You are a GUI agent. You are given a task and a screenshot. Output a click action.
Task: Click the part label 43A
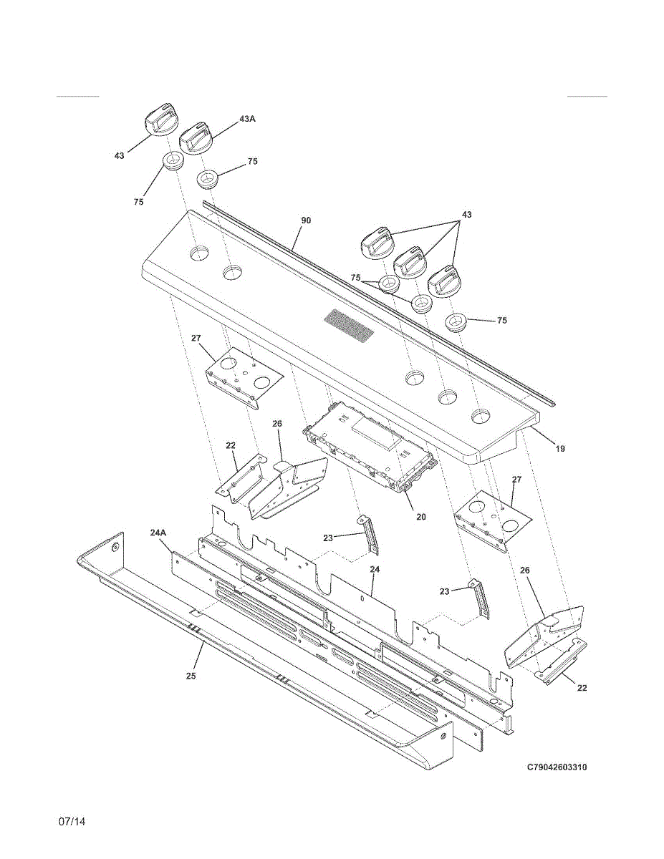pos(247,119)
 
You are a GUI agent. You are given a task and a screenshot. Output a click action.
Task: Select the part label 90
pos(306,220)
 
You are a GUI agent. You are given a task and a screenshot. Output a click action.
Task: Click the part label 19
pos(560,449)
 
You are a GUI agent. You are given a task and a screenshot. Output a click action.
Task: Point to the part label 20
pos(421,515)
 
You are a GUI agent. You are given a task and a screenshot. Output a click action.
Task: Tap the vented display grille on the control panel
pos(349,324)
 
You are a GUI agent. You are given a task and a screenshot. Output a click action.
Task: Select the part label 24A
pos(158,533)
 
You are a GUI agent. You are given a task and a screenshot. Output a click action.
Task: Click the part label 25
pos(191,675)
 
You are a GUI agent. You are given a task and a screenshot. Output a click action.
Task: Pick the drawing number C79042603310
pos(557,767)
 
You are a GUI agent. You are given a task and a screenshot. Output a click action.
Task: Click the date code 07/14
pos(72,821)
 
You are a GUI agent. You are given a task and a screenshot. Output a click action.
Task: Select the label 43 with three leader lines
pos(466,215)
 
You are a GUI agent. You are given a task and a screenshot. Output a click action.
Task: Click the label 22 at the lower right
pos(582,688)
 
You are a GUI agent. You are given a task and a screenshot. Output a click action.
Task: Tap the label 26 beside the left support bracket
pos(278,424)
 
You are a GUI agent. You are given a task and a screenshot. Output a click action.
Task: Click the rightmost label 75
pos(501,321)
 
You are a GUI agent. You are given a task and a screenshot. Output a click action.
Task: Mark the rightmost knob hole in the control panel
pos(481,416)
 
